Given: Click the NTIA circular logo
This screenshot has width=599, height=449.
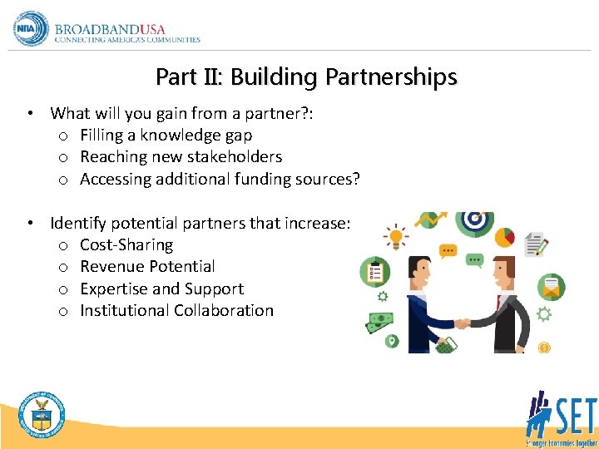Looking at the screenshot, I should (x=31, y=29).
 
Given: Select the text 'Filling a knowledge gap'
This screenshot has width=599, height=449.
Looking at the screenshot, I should (x=166, y=135).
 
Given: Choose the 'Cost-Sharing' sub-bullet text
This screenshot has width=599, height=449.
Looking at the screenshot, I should (x=126, y=244).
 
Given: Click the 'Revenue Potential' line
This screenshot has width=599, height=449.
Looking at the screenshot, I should (x=147, y=266).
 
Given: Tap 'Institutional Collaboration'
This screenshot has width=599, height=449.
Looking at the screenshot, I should (x=176, y=310).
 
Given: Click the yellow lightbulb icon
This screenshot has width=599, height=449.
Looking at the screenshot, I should (x=395, y=236).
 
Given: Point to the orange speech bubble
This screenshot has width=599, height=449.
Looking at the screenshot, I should (x=448, y=249).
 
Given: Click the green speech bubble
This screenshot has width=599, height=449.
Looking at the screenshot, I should (x=475, y=259).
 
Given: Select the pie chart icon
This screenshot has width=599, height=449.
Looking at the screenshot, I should (x=505, y=236).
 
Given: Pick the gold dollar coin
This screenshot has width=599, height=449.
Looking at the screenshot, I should (x=545, y=348).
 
